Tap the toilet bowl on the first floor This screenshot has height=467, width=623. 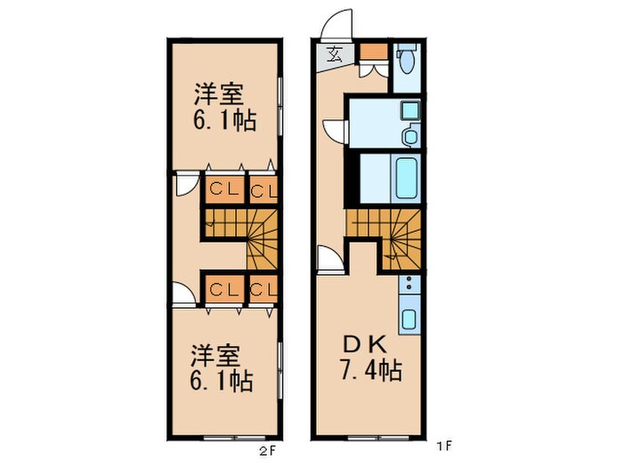407,60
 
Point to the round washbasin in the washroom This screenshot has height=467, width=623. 410,136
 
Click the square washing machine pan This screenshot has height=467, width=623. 409,111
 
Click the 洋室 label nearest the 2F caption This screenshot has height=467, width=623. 216,356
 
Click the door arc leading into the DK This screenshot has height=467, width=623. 329,258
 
